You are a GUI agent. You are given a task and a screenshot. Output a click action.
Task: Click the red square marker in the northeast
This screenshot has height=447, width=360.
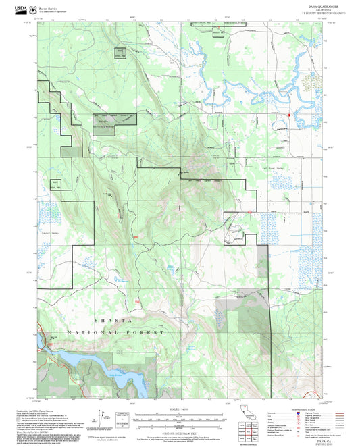tap(288, 115)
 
